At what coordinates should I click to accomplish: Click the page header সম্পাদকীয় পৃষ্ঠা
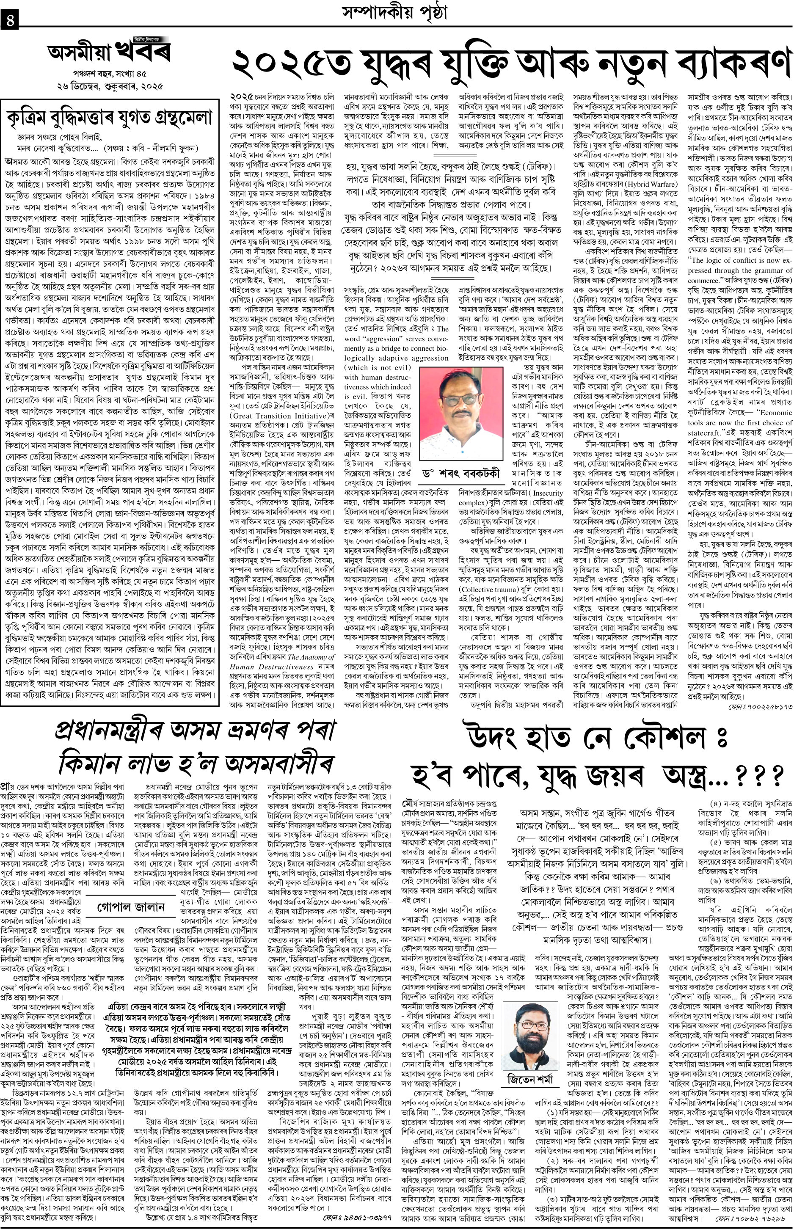coord(395,12)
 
